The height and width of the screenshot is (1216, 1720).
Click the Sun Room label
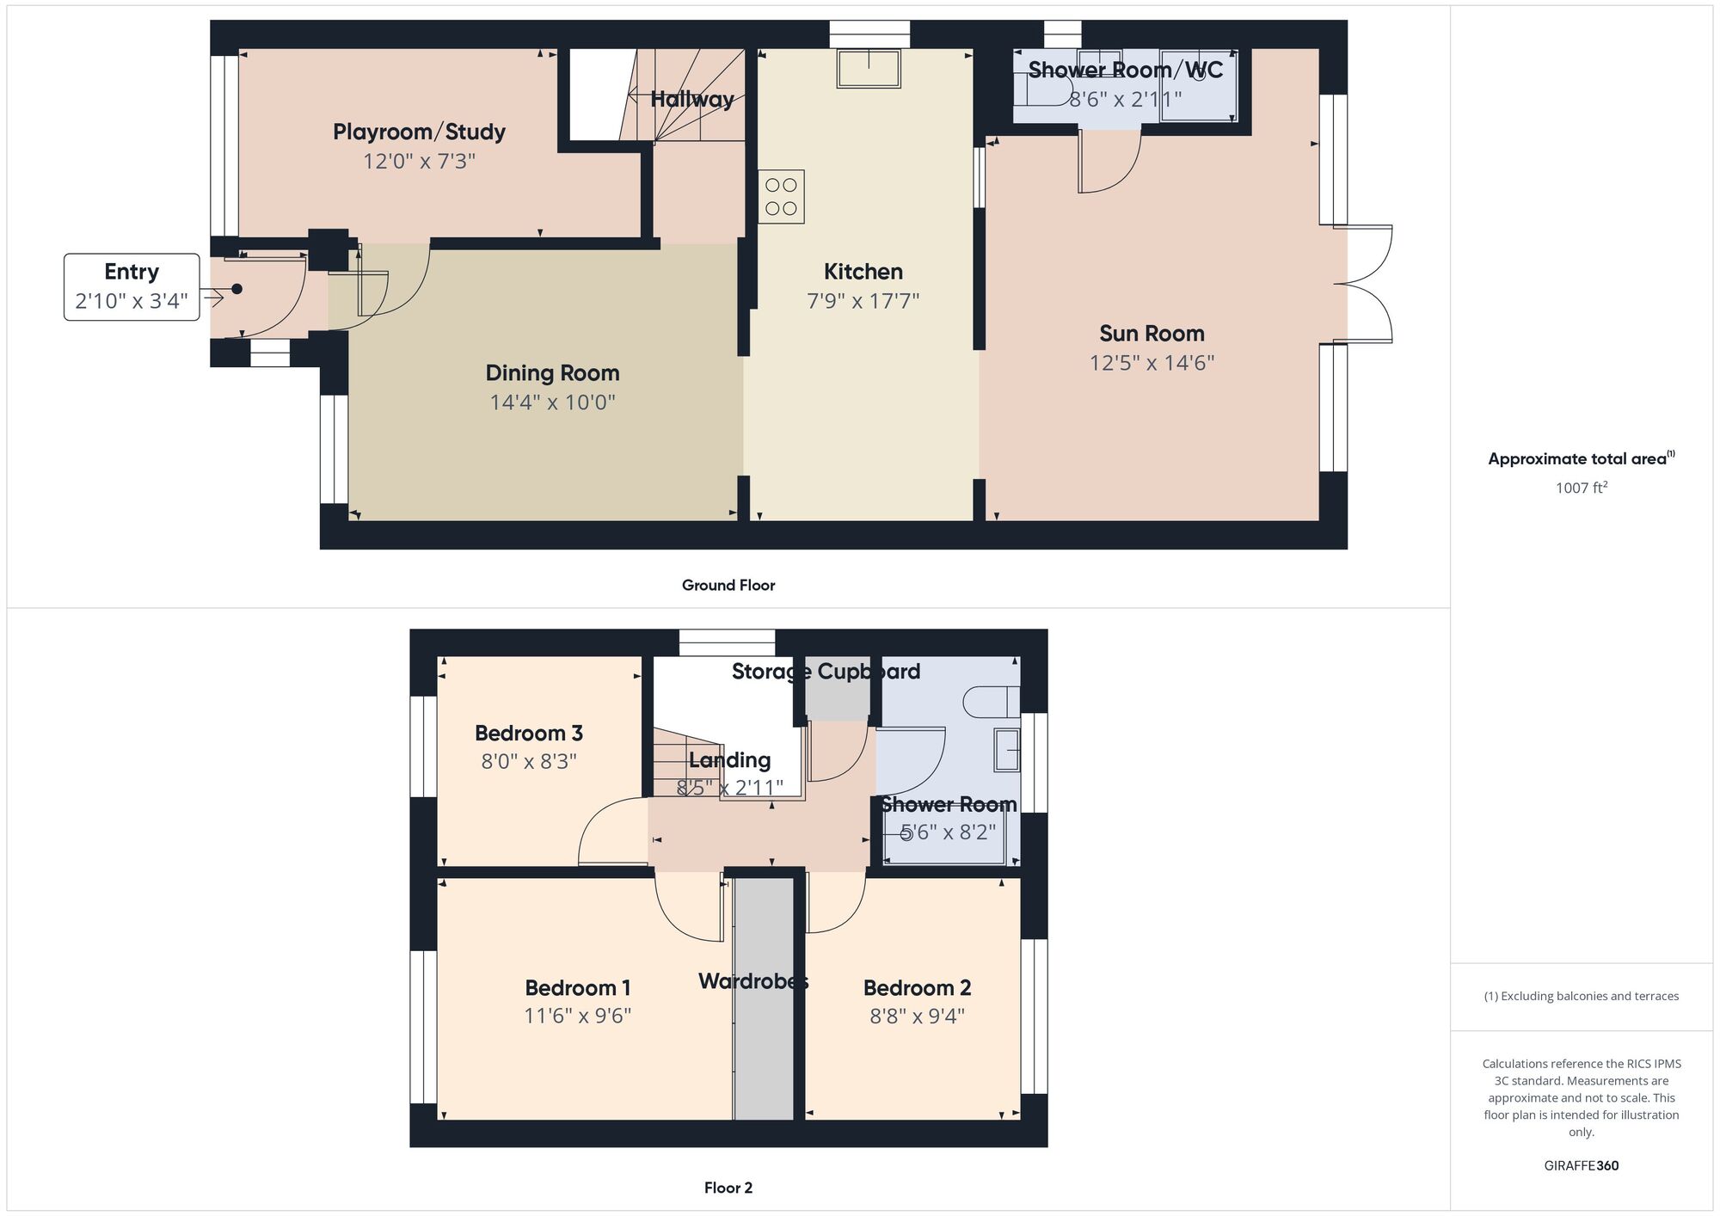click(1152, 334)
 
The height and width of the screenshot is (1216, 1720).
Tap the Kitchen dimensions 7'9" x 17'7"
click(863, 301)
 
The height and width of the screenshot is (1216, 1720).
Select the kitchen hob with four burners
click(781, 197)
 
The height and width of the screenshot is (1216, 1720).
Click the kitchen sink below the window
click(869, 69)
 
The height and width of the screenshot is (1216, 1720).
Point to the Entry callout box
click(132, 286)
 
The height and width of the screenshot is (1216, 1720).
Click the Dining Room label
click(552, 373)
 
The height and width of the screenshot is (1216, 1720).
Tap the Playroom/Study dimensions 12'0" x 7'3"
click(419, 161)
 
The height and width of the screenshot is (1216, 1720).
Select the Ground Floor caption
click(728, 586)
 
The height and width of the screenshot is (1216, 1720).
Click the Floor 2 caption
click(728, 1188)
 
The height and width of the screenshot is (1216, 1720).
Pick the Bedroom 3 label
click(528, 734)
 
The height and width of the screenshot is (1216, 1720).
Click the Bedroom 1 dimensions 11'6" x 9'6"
click(577, 1016)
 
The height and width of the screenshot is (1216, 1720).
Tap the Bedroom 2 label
click(917, 988)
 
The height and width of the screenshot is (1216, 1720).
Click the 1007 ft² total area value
click(1581, 488)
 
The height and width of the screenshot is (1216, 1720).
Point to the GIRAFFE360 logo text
click(1581, 1166)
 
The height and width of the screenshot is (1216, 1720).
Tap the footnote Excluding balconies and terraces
click(1581, 996)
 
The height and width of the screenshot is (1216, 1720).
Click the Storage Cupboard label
click(826, 672)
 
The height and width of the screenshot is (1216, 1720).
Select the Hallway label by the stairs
click(691, 100)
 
